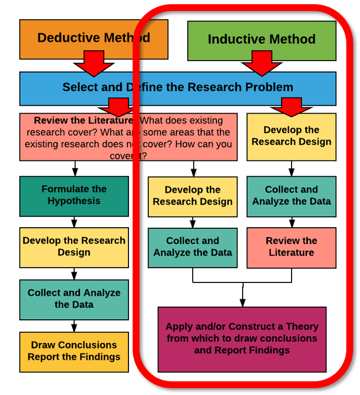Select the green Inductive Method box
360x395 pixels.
point(262,39)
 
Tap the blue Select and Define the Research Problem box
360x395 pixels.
point(177,87)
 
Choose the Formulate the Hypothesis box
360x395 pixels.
point(74,195)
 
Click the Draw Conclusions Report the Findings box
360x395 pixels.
point(74,351)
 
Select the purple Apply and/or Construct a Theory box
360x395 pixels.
point(242,338)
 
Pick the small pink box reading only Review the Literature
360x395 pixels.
point(291,247)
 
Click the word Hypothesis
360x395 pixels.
point(74,201)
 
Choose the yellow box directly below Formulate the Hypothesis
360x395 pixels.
point(74,246)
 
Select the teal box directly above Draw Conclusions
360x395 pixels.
point(74,298)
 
